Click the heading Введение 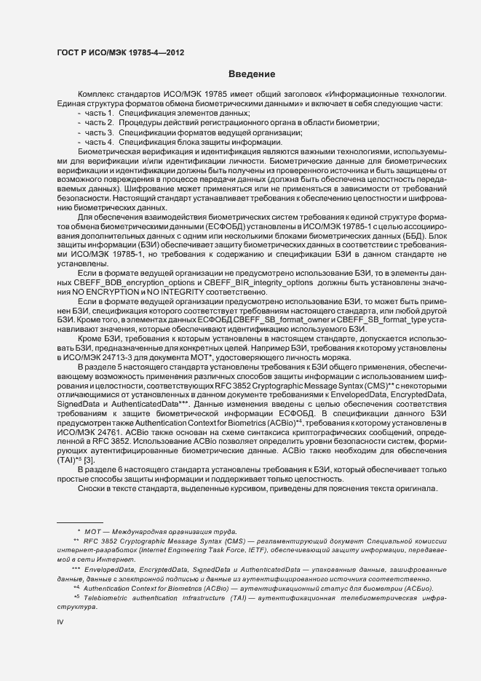pyautogui.click(x=251, y=74)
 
